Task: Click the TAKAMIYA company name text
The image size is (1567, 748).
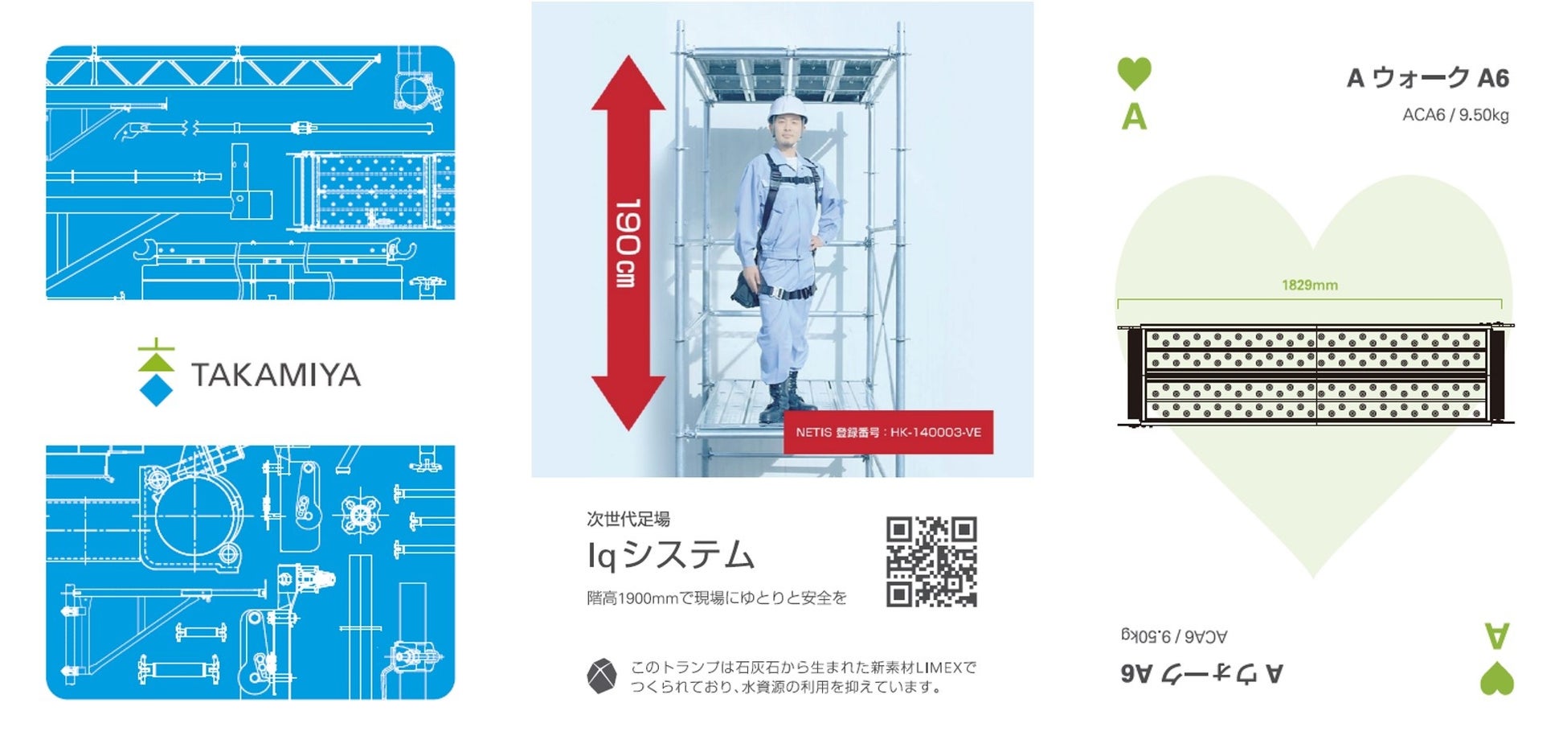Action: tap(276, 375)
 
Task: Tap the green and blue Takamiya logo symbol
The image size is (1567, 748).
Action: tap(156, 372)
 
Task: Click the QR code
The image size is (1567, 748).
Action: tap(931, 561)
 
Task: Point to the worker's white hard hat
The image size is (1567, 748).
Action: tap(787, 109)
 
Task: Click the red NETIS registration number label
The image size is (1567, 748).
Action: tap(888, 433)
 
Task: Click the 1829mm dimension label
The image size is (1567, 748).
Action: tap(1309, 286)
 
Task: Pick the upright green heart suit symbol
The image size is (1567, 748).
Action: tap(1134, 73)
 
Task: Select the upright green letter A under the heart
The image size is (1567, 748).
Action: tap(1134, 117)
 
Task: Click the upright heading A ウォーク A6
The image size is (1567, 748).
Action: tap(1427, 78)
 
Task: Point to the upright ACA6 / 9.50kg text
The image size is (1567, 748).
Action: tap(1455, 115)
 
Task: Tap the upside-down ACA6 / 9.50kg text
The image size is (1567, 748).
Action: tap(1174, 636)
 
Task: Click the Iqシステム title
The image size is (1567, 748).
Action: tap(671, 556)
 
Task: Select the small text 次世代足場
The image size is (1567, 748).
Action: tap(628, 519)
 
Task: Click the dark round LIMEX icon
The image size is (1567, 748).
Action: tap(602, 676)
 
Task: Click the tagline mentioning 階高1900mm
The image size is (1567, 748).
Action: tap(717, 598)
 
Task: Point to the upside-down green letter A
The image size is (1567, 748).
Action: tap(1496, 635)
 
